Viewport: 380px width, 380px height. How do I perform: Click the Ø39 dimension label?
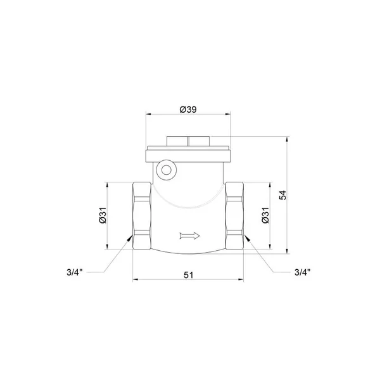click(188, 110)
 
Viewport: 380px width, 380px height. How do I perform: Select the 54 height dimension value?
click(282, 195)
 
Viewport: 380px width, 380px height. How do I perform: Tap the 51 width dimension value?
click(189, 275)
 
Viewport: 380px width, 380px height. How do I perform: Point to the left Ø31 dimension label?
click(103, 215)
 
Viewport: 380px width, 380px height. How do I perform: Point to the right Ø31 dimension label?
click(265, 215)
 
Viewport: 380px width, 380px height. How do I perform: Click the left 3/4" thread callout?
click(75, 272)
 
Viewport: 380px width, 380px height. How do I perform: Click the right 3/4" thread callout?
click(303, 272)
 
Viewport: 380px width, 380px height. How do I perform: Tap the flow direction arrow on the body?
click(190, 236)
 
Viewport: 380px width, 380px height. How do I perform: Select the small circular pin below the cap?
click(166, 170)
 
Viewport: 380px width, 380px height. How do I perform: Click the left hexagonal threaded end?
click(142, 216)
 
